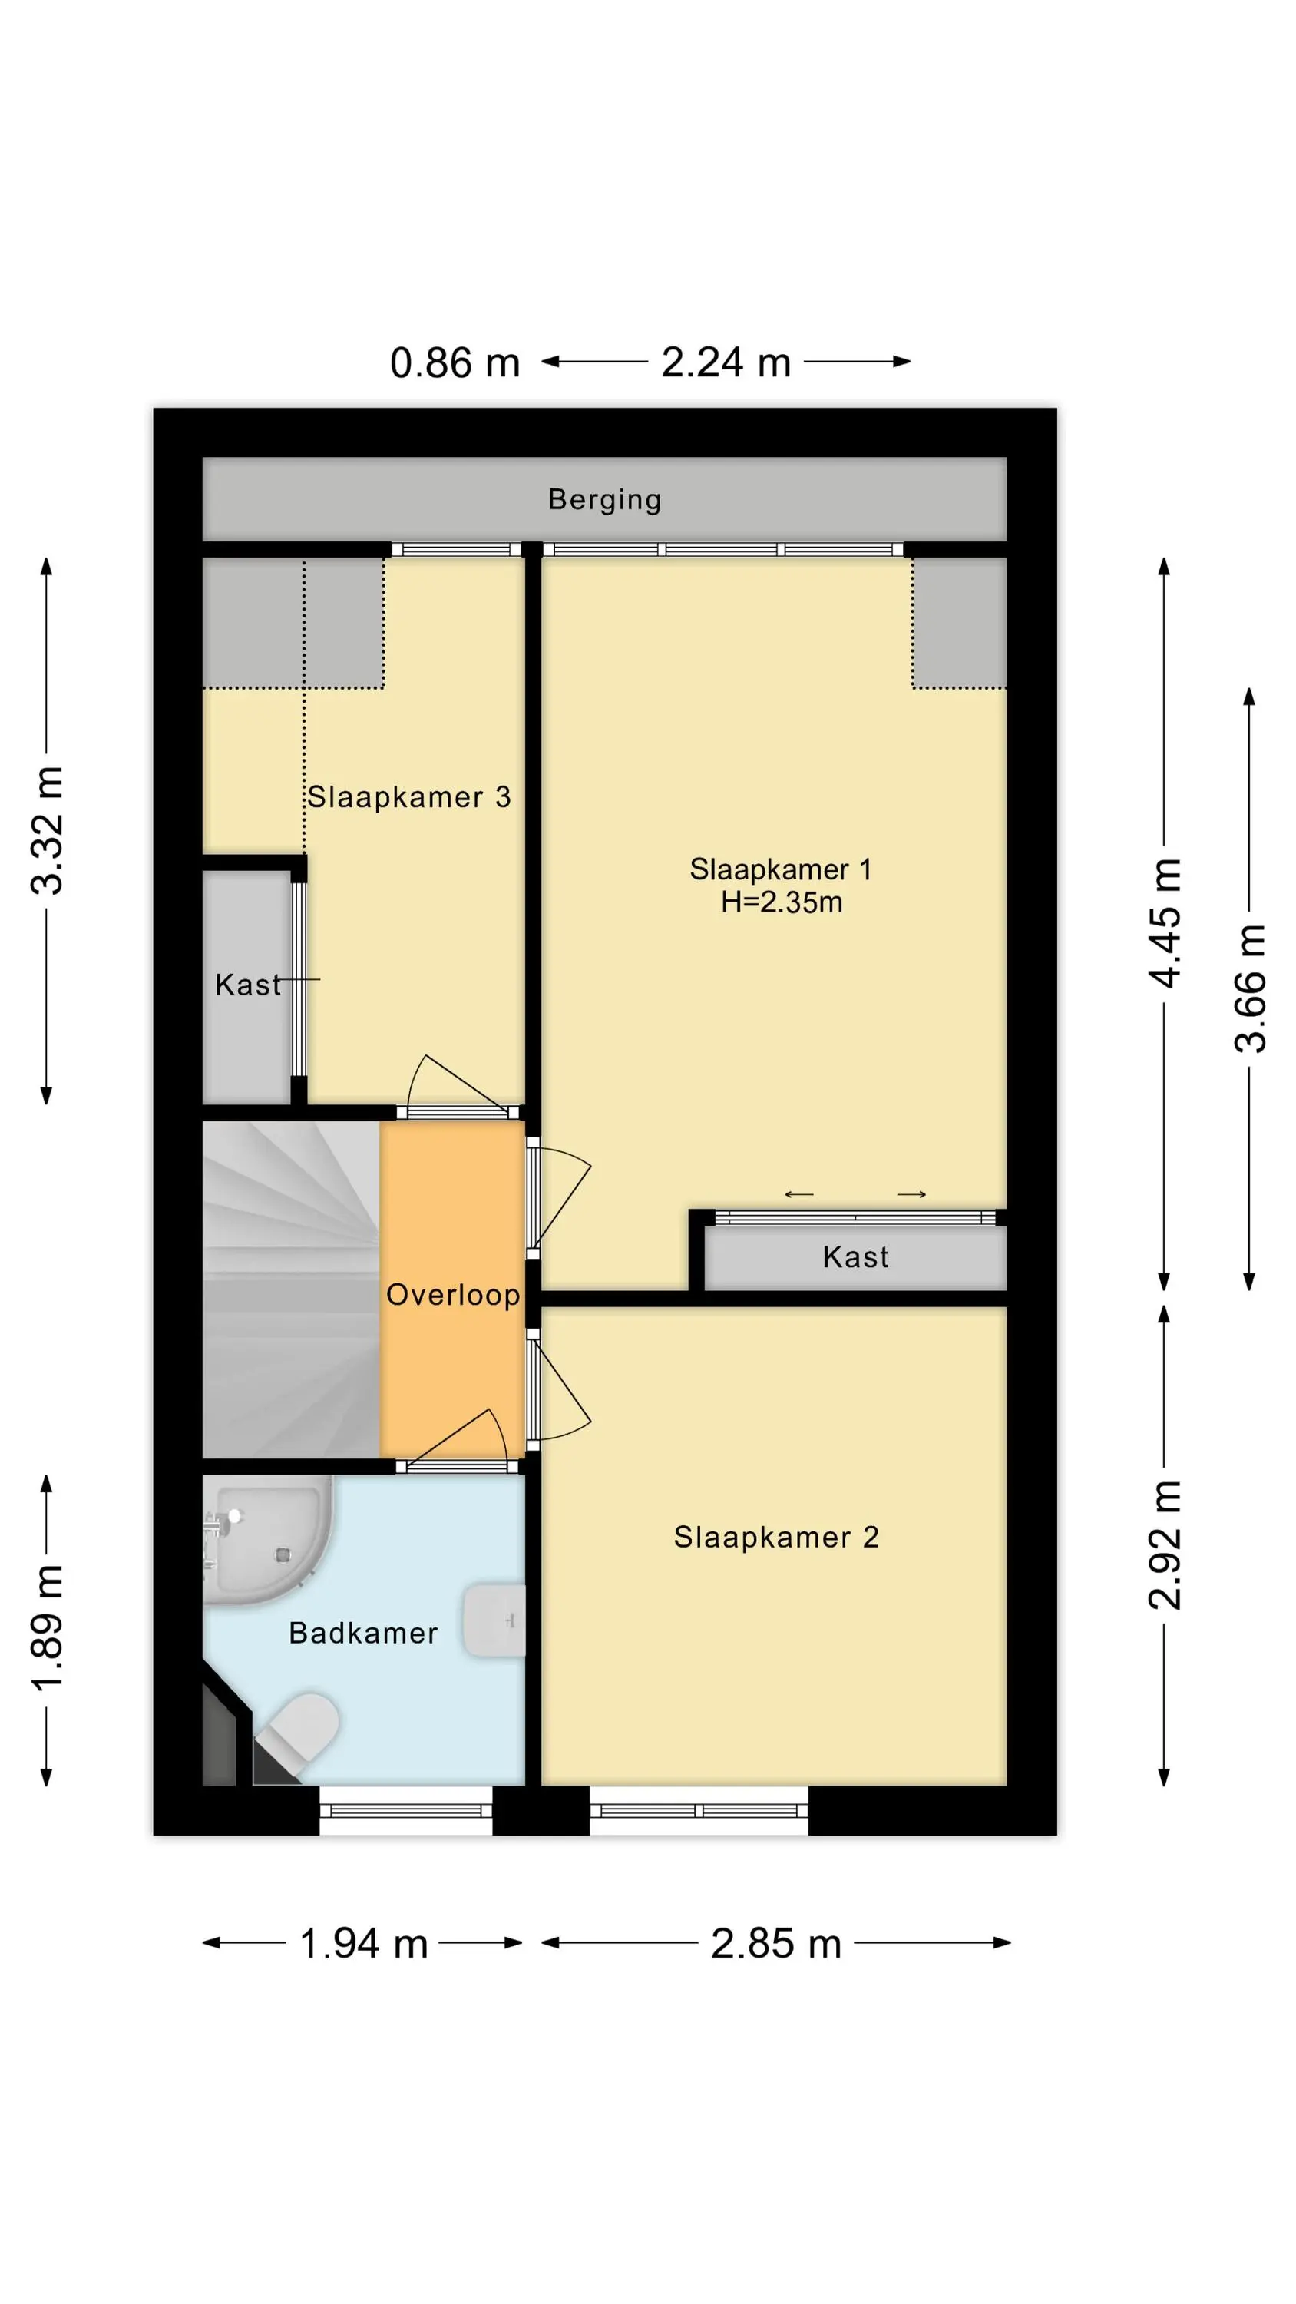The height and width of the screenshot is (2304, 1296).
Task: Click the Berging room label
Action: (x=605, y=499)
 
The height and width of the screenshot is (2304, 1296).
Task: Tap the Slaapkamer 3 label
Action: (x=408, y=797)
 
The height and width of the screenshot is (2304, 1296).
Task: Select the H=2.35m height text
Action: (x=782, y=902)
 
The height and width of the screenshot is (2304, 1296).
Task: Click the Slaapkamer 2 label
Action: (x=776, y=1538)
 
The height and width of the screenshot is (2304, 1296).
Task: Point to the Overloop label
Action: (x=452, y=1295)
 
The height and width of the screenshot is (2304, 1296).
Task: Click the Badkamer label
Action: (x=363, y=1634)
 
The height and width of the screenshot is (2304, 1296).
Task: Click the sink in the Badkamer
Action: (x=494, y=1620)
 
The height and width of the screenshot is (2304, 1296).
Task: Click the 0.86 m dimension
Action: (x=455, y=363)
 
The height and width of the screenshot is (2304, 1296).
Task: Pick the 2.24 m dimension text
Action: (x=726, y=362)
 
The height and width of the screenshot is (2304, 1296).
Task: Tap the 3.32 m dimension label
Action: (x=48, y=831)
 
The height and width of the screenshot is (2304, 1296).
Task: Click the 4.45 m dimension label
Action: (x=1165, y=923)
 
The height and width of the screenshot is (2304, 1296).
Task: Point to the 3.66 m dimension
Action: (x=1251, y=988)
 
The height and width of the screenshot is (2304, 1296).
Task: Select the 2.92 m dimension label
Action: (x=1165, y=1545)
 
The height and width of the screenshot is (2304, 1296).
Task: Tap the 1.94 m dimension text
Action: (x=363, y=1944)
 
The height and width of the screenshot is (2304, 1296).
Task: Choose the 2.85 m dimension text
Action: (x=776, y=1944)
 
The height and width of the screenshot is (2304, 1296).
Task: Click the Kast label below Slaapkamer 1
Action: (x=856, y=1257)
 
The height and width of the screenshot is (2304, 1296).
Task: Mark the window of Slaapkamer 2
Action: (x=699, y=1811)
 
